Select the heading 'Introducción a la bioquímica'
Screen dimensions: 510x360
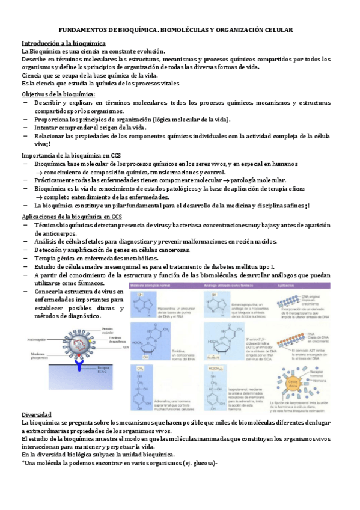point(64,44)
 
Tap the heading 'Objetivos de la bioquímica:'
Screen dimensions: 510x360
point(58,95)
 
